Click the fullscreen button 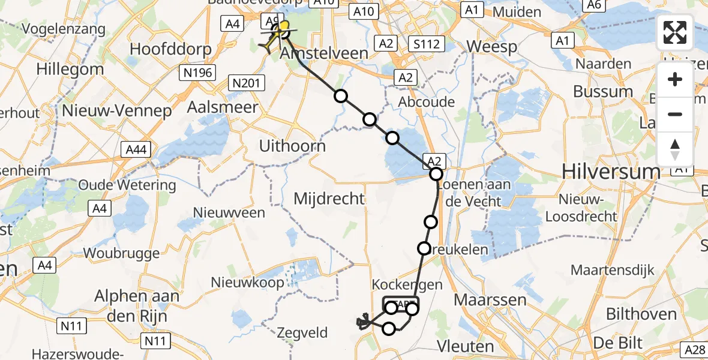pyautogui.click(x=675, y=32)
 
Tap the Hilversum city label pyautogui.click(x=611, y=172)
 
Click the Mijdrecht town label pyautogui.click(x=329, y=199)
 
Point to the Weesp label pyautogui.click(x=491, y=47)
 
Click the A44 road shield pyautogui.click(x=137, y=148)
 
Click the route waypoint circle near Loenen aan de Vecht pyautogui.click(x=436, y=175)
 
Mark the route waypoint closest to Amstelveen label pyautogui.click(x=341, y=96)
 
